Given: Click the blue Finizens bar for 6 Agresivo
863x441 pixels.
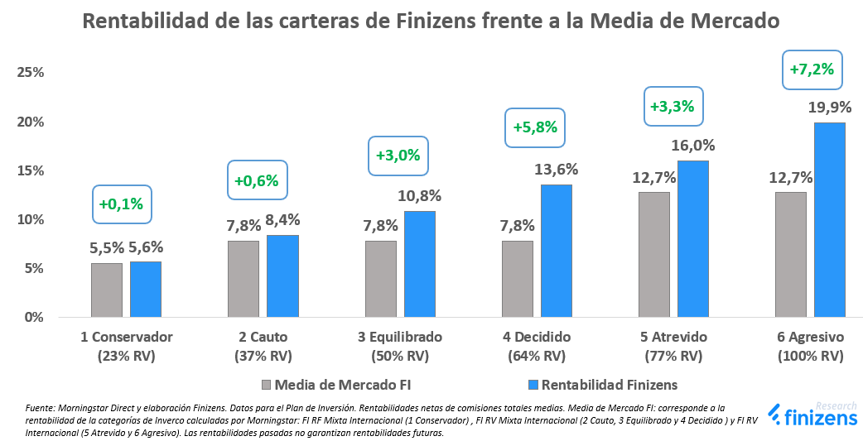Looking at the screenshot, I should pos(829,219).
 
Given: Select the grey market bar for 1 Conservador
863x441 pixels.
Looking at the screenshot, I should pos(107,290).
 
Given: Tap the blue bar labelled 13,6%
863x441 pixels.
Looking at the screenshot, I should pos(556,250).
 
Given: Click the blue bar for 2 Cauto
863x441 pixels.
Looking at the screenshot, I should pos(282,276).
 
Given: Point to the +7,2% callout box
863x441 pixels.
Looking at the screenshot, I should pos(812,70).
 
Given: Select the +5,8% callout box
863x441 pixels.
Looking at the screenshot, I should pos(535,128).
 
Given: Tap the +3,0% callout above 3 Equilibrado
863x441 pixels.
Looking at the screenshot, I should pos(398,155).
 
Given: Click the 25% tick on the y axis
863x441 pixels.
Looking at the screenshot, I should pos(30,73).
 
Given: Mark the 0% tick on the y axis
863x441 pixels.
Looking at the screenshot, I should pos(33,317).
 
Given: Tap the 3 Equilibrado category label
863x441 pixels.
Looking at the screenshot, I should pos(400,338).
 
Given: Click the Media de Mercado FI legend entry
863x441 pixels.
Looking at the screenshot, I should pos(336,385).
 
